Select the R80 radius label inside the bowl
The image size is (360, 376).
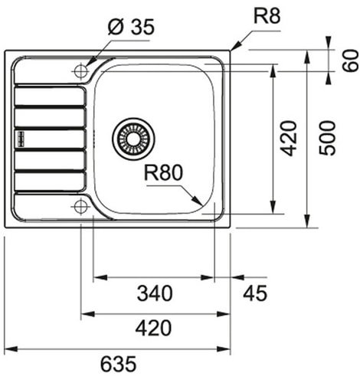164,174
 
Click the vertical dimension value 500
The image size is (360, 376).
329,138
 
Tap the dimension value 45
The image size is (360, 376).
254,293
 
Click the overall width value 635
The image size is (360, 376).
117,363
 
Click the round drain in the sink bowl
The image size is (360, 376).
133,139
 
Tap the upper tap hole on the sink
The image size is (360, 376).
80,70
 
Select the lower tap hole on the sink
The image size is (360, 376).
80,207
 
